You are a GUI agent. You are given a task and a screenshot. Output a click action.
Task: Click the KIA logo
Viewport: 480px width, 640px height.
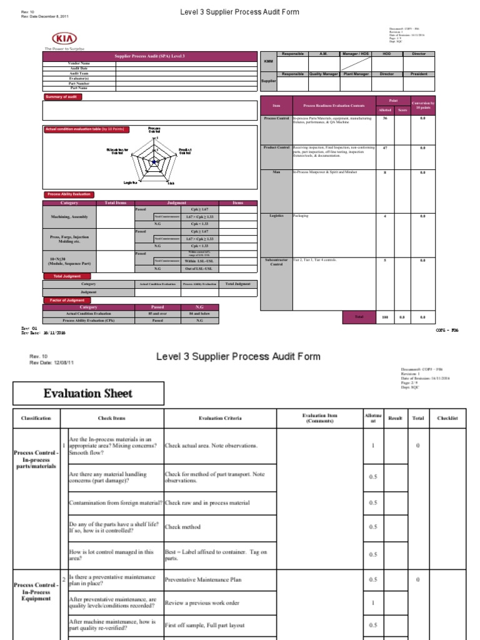[64, 38]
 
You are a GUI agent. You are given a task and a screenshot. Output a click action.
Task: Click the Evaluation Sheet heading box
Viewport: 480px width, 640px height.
[88, 394]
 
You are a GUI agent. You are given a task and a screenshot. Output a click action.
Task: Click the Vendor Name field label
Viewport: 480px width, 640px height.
[79, 63]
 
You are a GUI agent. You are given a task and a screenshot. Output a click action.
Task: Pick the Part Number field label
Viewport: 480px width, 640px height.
[79, 83]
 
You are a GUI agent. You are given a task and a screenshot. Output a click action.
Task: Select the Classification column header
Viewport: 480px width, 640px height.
[36, 418]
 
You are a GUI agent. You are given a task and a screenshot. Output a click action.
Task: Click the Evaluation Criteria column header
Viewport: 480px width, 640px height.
[220, 418]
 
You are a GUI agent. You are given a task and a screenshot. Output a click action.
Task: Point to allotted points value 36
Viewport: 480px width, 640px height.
[384, 117]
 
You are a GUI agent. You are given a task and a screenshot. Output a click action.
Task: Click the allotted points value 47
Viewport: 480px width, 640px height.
[384, 148]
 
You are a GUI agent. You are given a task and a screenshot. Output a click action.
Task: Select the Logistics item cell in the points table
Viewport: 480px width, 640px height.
[276, 216]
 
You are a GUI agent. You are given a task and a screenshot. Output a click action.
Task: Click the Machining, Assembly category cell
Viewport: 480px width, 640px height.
[69, 217]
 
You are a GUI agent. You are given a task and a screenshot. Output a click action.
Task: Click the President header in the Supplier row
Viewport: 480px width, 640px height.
[419, 74]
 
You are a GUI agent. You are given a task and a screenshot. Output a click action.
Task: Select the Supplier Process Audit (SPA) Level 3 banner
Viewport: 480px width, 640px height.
[150, 56]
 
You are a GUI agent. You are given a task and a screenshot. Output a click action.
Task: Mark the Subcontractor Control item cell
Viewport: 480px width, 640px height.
[276, 262]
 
